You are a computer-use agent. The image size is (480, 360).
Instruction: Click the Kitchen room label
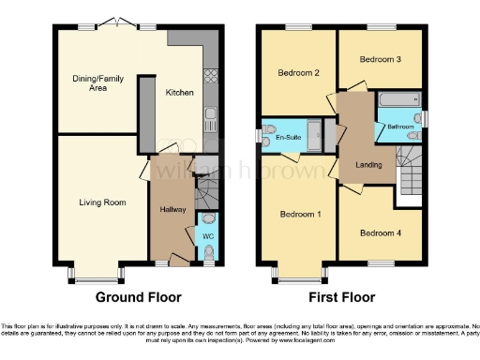180,93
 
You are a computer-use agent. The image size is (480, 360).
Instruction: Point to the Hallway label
172,208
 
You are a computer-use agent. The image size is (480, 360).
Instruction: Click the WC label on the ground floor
208,237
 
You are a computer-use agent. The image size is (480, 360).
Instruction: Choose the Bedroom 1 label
301,215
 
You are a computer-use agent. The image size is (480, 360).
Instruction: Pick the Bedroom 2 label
298,72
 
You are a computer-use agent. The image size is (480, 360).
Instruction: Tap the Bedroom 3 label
381,59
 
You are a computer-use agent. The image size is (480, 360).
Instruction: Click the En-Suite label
287,136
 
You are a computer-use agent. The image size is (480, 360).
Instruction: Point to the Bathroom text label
401,126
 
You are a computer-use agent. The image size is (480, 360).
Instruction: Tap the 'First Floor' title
341,297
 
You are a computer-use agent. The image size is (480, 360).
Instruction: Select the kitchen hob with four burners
210,75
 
